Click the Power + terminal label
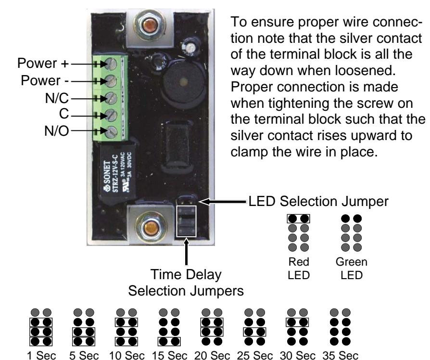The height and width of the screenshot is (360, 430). click(x=43, y=63)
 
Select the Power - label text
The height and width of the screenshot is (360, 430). click(x=45, y=80)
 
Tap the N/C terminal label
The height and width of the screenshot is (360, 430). click(x=57, y=98)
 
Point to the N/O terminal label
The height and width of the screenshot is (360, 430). click(x=57, y=130)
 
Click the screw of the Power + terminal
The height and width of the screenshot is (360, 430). click(x=111, y=64)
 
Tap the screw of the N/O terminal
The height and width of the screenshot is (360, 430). click(x=111, y=131)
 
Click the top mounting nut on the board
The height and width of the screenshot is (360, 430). click(x=149, y=25)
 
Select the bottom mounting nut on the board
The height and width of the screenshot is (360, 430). click(x=151, y=227)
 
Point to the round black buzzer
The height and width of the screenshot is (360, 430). click(x=184, y=83)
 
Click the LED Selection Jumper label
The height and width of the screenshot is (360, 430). click(x=318, y=201)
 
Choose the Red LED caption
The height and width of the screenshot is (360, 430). click(x=299, y=269)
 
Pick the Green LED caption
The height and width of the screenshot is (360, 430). click(x=352, y=269)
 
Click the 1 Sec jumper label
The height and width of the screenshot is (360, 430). click(x=41, y=355)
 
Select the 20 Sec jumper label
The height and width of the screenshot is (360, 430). click(x=212, y=355)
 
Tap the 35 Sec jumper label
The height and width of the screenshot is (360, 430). click(x=341, y=355)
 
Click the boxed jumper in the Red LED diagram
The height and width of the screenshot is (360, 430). click(x=298, y=219)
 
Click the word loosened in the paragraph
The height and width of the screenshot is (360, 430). click(x=363, y=71)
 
